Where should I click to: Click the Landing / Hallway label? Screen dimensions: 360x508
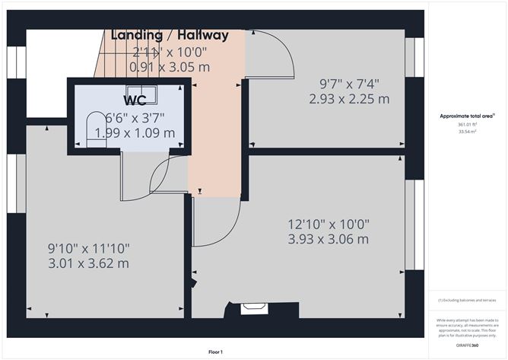(170, 35)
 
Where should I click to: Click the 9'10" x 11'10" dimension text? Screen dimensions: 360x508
(88, 249)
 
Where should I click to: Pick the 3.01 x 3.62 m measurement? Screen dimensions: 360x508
(88, 264)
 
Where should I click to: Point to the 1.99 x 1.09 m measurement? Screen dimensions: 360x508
(135, 133)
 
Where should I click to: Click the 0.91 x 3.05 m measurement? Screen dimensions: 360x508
(169, 67)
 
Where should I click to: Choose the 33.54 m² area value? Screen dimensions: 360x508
(467, 132)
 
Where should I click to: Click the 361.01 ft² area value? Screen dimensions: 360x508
(467, 125)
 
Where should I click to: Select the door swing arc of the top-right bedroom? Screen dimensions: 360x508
(278, 57)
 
